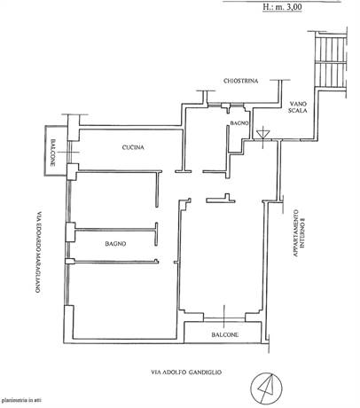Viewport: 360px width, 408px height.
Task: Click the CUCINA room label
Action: (x=133, y=147)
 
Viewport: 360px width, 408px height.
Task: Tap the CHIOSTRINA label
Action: (x=241, y=81)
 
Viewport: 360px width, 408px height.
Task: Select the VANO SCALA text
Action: (x=298, y=107)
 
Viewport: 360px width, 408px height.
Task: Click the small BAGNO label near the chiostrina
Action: (x=239, y=123)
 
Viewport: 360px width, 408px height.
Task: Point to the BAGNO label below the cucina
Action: (x=115, y=244)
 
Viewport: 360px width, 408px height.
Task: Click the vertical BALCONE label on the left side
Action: (x=52, y=153)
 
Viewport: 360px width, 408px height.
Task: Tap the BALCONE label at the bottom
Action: (x=225, y=334)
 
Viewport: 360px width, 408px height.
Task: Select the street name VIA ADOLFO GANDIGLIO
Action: (x=186, y=373)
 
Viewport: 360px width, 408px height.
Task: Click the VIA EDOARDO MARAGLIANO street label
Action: (x=38, y=250)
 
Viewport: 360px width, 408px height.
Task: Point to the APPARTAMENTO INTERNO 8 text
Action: (x=299, y=233)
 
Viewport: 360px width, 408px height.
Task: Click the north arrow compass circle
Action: (x=266, y=388)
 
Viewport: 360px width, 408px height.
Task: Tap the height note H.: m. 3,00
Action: (x=283, y=6)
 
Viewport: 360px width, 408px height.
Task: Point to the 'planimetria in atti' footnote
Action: (x=21, y=401)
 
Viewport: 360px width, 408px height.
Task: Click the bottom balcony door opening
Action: (x=224, y=319)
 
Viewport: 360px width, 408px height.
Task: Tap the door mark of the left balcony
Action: (x=69, y=152)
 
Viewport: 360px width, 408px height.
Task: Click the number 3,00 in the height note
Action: (x=293, y=7)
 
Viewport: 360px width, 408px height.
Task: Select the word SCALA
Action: (x=298, y=111)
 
